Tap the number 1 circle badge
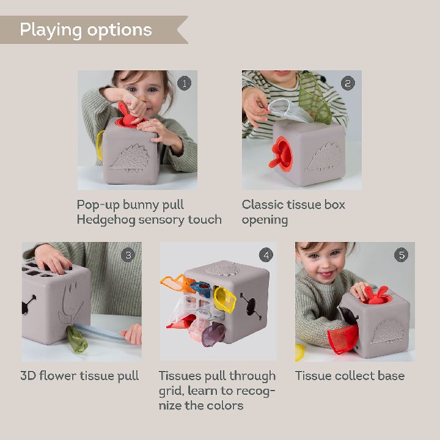pyautogui.click(x=184, y=83)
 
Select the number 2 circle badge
pyautogui.click(x=348, y=83)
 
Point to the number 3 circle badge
pyautogui.click(x=128, y=255)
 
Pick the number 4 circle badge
pyautogui.click(x=266, y=255)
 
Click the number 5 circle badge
pyautogui.click(x=402, y=255)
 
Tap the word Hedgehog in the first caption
pyautogui.click(x=106, y=220)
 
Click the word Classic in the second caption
pyautogui.click(x=262, y=205)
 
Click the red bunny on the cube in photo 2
pyautogui.click(x=281, y=153)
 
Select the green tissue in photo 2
pyautogui.click(x=314, y=100)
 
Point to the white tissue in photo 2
pyautogui.click(x=289, y=110)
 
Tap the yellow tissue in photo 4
pyautogui.click(x=225, y=299)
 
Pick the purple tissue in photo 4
pyautogui.click(x=213, y=334)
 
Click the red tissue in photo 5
pyautogui.click(x=342, y=339)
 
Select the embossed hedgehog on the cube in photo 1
pyautogui.click(x=130, y=158)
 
